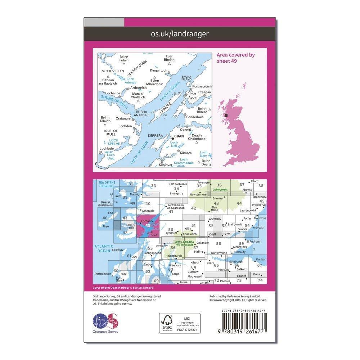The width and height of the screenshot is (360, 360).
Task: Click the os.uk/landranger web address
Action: coord(180,34)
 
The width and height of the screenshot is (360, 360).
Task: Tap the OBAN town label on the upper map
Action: coord(179,137)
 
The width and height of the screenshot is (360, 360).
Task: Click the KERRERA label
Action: coord(156,136)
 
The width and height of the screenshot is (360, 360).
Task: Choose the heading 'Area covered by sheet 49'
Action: coord(235,58)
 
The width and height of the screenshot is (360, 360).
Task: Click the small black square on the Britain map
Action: coord(226,115)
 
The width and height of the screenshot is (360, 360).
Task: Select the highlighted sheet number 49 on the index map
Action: coord(148,226)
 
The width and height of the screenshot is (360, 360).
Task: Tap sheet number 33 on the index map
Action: coord(154,186)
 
